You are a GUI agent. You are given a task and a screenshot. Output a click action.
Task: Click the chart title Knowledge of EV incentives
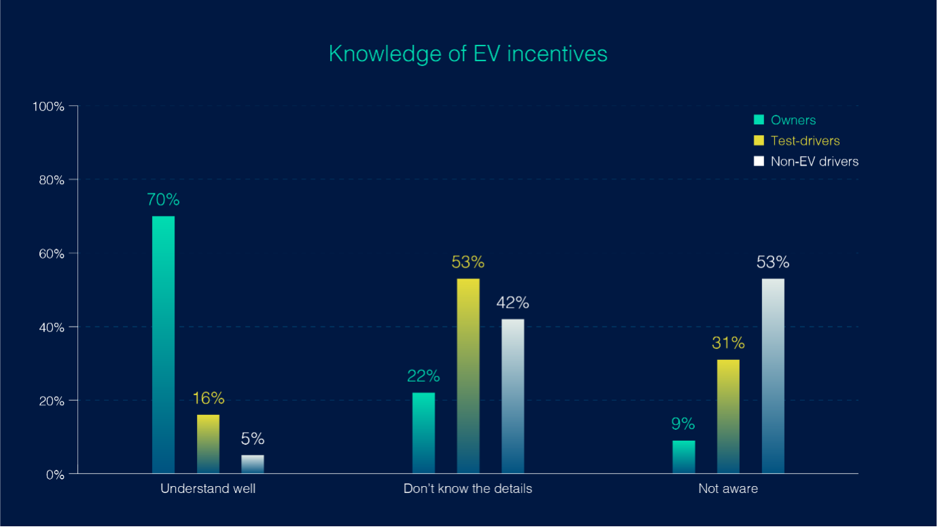click(468, 54)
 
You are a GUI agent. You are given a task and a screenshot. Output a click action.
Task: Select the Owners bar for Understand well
click(163, 344)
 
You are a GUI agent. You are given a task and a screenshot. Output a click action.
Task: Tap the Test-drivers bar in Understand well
click(208, 443)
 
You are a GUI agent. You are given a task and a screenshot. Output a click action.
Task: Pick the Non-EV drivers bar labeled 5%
click(253, 464)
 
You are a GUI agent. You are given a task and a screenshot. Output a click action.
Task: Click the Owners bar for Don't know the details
click(423, 433)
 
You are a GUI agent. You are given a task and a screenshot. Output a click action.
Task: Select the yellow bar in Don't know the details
click(468, 376)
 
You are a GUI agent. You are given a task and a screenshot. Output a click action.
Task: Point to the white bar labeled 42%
click(513, 396)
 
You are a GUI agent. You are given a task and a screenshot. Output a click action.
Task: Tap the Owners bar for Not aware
click(683, 456)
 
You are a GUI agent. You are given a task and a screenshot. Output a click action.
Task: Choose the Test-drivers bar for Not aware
click(728, 416)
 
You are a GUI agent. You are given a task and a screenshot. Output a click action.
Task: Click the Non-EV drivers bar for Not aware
click(773, 376)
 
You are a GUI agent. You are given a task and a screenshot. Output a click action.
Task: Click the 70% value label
click(163, 200)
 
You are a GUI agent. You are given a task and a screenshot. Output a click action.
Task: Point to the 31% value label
click(728, 343)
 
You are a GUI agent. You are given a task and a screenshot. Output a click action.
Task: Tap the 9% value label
click(683, 424)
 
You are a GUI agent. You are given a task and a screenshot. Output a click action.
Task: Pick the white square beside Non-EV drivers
click(759, 161)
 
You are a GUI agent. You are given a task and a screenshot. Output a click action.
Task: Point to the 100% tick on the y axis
click(49, 107)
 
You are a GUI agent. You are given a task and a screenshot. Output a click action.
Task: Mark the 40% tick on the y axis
click(50, 327)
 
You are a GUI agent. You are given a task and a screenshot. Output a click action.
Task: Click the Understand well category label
click(208, 488)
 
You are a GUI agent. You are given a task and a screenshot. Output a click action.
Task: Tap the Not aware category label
click(728, 488)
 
